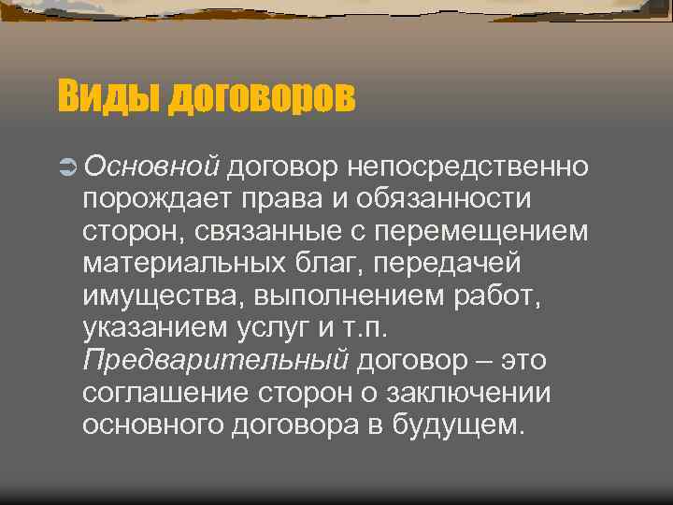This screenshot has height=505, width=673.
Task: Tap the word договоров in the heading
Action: [262, 96]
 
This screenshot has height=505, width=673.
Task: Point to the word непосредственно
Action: [468, 166]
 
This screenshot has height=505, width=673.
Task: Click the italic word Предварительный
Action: [216, 360]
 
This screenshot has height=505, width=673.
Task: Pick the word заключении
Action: [471, 393]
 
